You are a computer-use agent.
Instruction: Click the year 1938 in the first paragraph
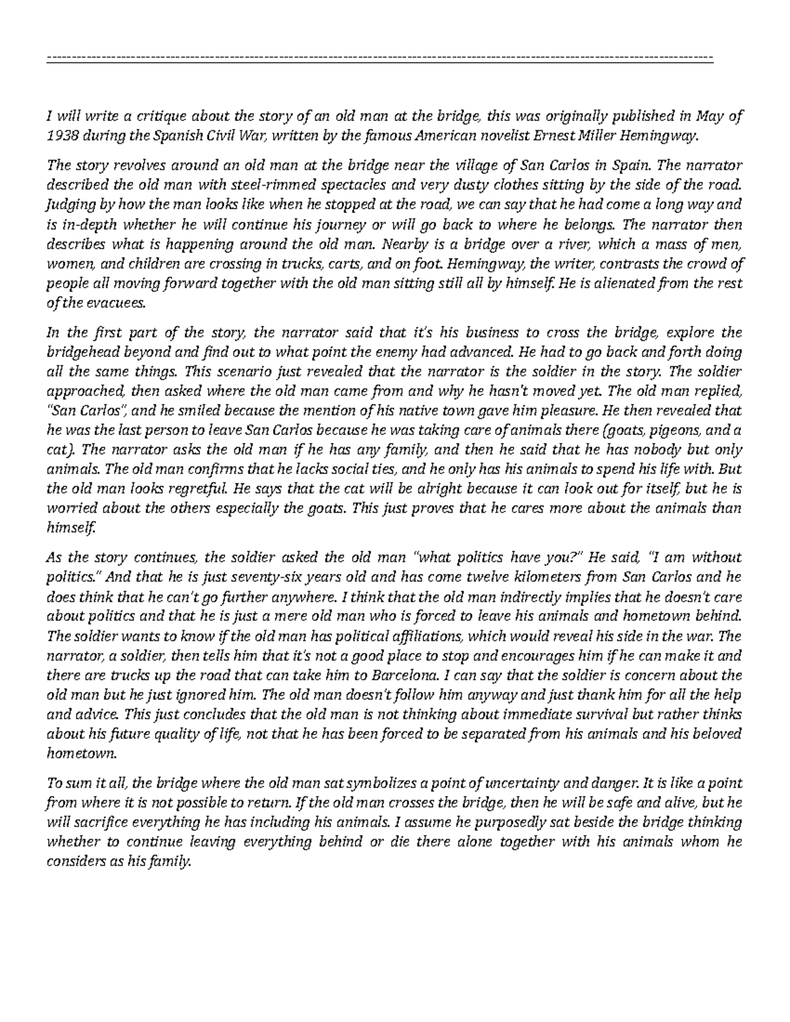click(x=60, y=136)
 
